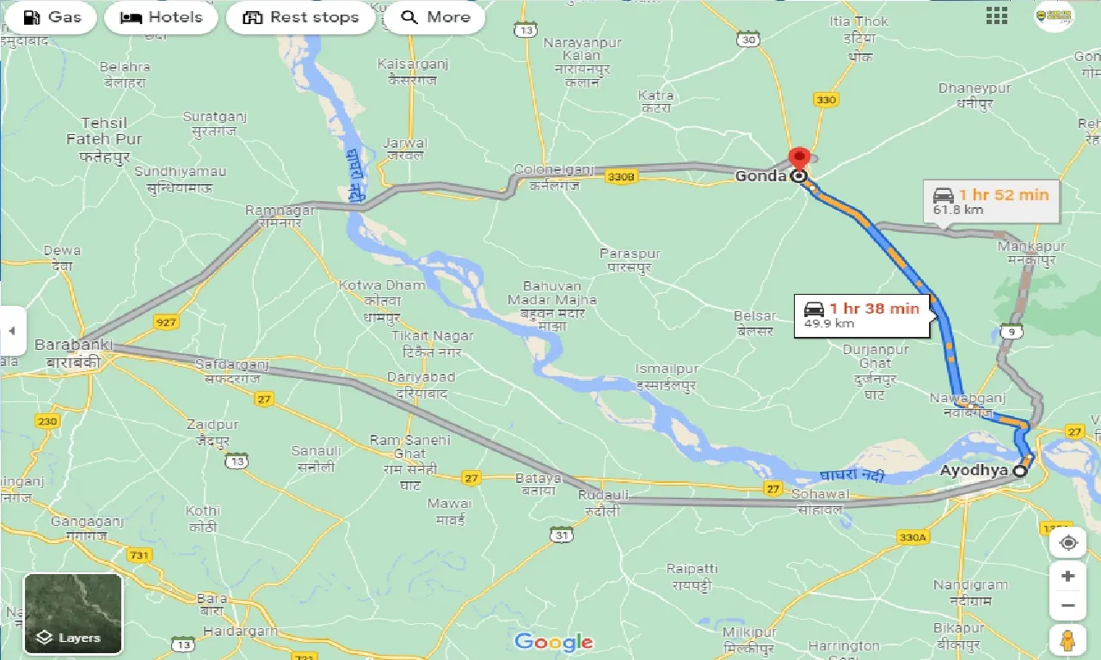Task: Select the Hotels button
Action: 161,17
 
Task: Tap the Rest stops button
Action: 300,17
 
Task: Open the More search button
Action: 434,17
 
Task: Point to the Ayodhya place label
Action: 974,471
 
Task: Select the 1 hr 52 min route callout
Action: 992,201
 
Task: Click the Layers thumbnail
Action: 73,614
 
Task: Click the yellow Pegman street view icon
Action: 1067,640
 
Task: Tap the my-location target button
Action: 1067,543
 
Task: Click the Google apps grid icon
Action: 997,15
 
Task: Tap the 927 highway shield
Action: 166,321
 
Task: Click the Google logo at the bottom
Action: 554,641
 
